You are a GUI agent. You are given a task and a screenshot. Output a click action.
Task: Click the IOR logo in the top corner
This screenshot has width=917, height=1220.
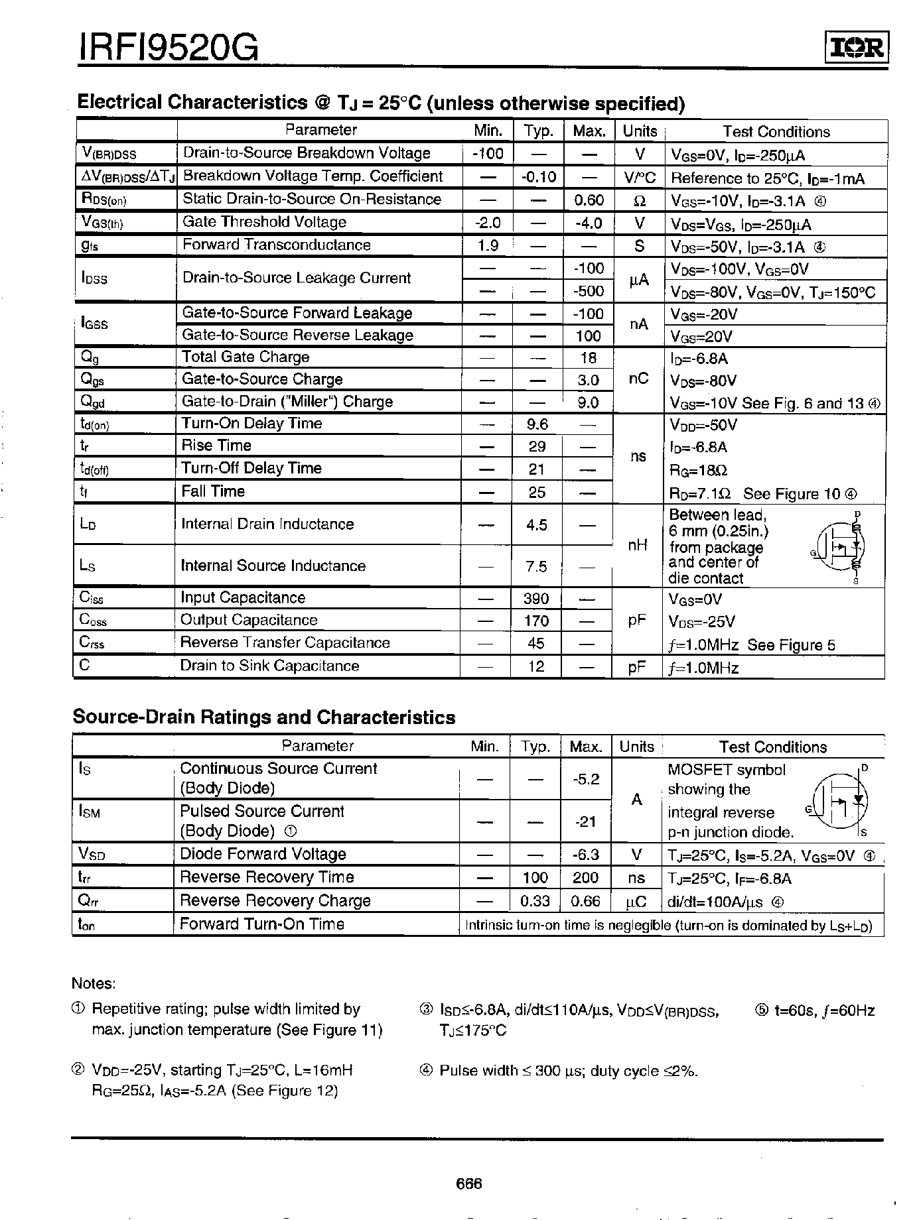857,46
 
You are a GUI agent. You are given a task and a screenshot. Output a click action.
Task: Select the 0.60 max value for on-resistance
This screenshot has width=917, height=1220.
589,200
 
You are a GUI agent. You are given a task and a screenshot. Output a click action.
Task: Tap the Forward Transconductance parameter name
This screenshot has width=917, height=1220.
277,245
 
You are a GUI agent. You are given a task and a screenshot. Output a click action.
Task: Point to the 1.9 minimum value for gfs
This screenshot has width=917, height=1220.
488,246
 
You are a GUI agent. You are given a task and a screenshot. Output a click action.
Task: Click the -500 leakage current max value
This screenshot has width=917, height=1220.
588,291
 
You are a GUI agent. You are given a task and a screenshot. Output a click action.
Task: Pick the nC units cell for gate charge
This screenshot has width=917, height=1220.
638,379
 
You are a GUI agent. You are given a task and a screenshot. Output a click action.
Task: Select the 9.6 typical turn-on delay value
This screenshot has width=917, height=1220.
536,424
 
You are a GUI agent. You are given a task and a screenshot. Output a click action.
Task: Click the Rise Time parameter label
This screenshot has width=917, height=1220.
216,446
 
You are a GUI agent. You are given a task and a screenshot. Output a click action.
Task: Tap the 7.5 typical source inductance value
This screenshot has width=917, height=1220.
536,566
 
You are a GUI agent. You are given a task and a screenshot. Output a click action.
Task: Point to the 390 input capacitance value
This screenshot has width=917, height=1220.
536,599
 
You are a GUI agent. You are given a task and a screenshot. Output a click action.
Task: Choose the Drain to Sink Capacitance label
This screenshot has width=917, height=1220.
269,666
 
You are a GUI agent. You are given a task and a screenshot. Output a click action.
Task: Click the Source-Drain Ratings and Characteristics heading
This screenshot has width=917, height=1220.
264,717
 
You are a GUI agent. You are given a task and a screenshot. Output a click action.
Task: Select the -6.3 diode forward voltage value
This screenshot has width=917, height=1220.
585,855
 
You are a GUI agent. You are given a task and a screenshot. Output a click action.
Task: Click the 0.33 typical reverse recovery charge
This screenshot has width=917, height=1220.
535,901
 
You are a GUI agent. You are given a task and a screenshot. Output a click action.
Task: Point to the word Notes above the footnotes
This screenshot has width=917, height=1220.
94,983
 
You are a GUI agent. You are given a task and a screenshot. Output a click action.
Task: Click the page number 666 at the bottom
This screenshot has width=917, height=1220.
468,1184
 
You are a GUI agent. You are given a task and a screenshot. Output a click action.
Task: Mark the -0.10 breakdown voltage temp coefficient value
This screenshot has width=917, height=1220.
537,177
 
